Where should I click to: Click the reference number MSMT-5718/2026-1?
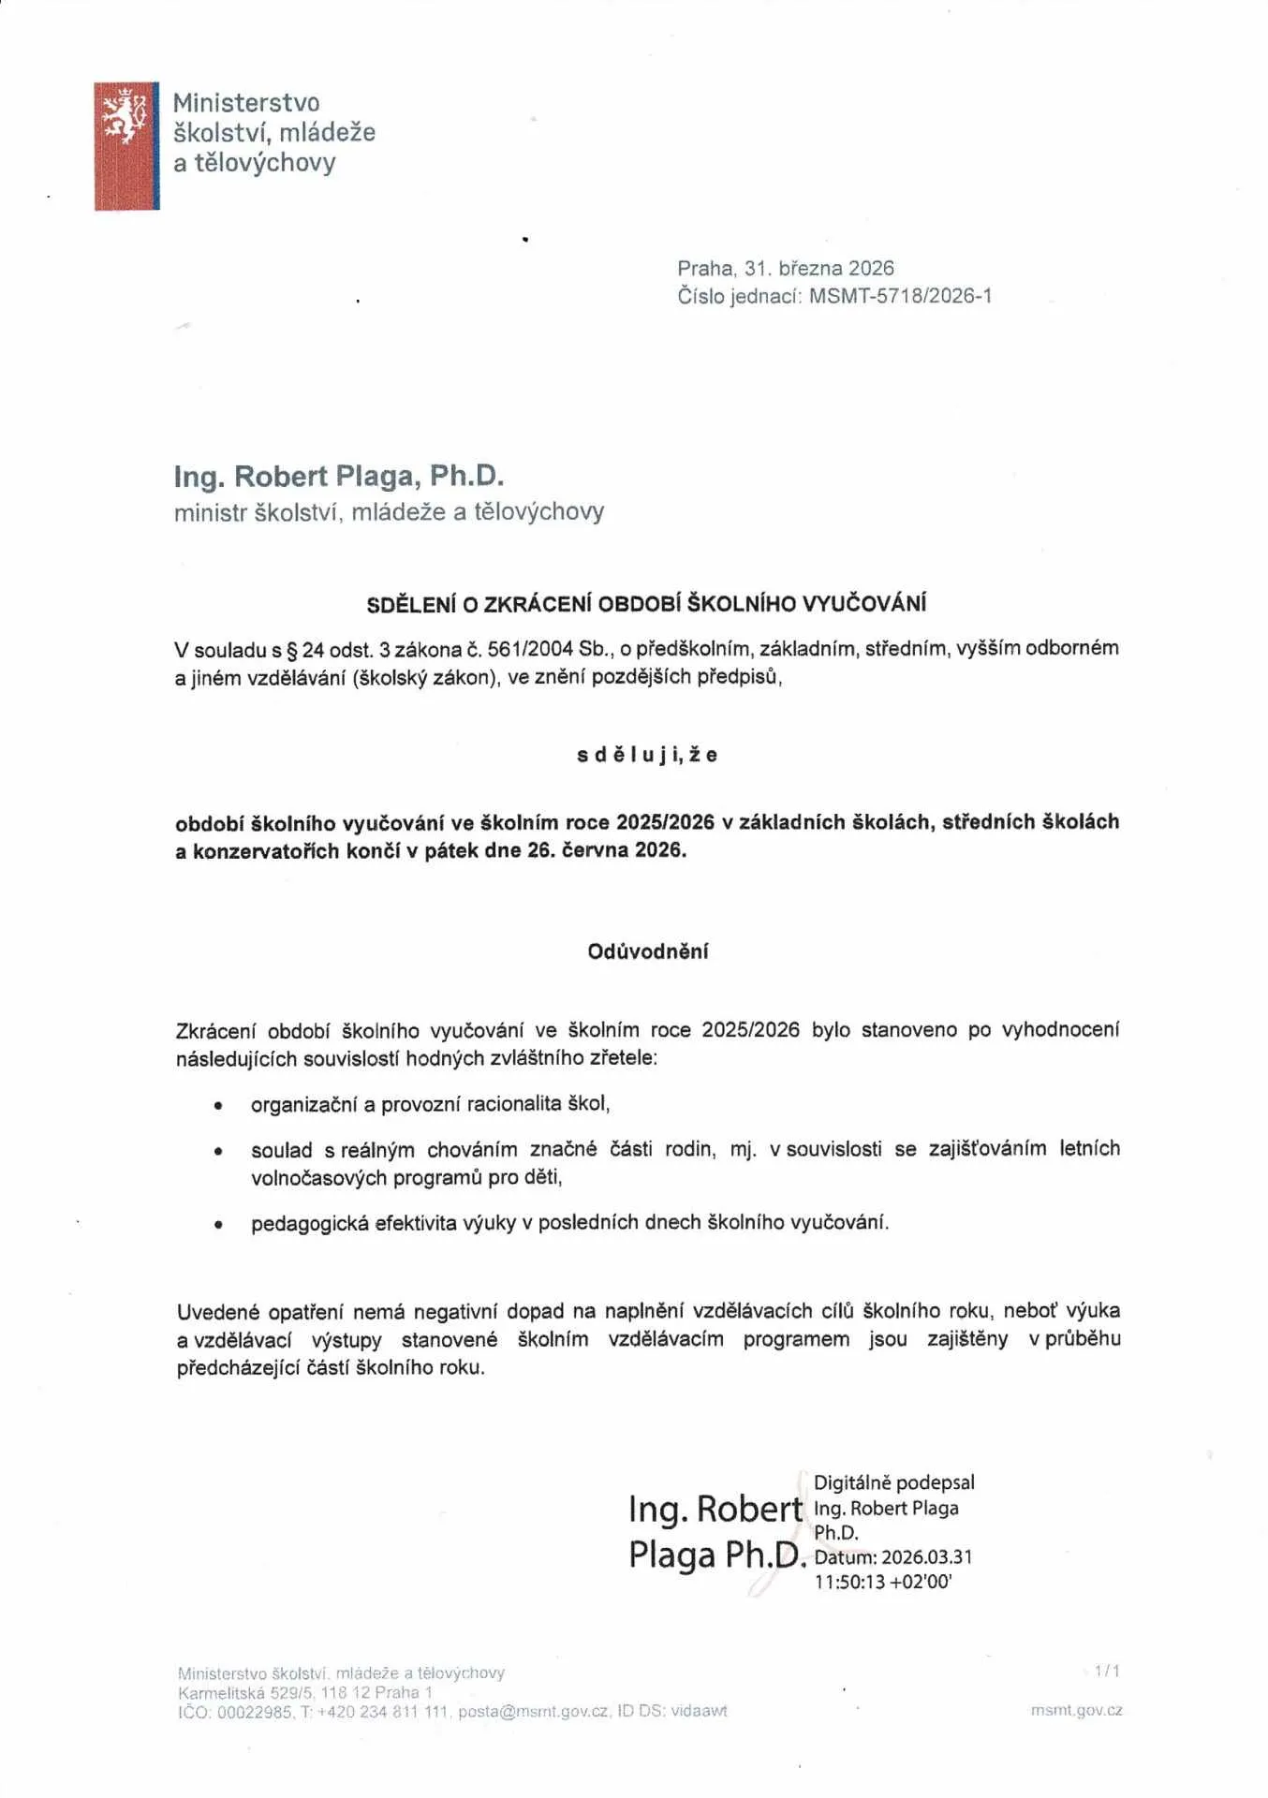click(900, 297)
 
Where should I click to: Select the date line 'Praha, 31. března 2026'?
click(786, 269)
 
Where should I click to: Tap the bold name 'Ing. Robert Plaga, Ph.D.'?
click(339, 476)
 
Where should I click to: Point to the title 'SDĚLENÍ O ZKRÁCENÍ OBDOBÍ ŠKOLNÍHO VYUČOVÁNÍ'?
click(646, 604)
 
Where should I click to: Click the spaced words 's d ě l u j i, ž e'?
click(647, 755)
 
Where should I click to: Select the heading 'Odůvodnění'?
click(648, 951)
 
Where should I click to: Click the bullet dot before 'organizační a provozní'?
click(218, 1106)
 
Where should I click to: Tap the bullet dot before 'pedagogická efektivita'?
click(218, 1224)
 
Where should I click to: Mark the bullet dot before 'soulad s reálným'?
click(218, 1151)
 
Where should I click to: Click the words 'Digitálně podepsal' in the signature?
click(893, 1482)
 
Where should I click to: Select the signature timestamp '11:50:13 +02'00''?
click(882, 1582)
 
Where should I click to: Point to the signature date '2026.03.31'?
click(927, 1556)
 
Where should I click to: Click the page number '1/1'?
click(1107, 1671)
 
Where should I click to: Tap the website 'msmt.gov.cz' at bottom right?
click(1076, 1710)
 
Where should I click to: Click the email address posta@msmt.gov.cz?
click(534, 1711)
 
